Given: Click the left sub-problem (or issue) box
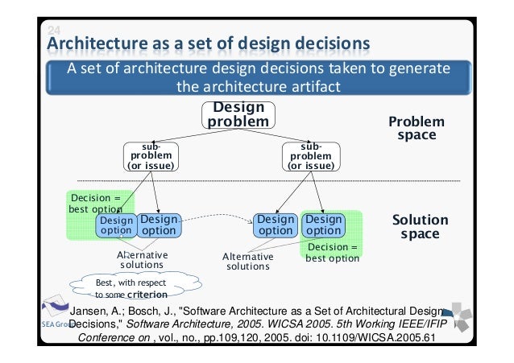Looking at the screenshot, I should tap(151, 156).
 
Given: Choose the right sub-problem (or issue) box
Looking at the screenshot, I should tap(310, 156).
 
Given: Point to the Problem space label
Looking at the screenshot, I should tap(416, 129).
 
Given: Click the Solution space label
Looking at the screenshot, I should tap(419, 226).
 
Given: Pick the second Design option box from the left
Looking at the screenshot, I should tap(158, 225).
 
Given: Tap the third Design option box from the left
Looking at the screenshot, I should tap(276, 225).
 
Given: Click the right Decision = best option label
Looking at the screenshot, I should tap(332, 253).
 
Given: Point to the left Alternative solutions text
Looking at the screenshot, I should tap(142, 259).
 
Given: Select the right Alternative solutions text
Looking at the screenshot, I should tap(248, 262).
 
